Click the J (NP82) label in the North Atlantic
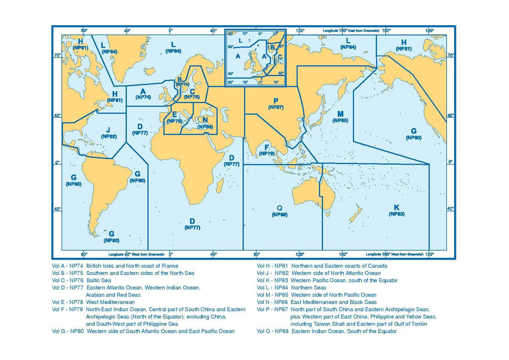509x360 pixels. (x=108, y=132)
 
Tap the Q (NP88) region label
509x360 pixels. (x=279, y=211)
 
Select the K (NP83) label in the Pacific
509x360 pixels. (x=396, y=210)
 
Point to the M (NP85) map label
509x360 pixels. (x=340, y=117)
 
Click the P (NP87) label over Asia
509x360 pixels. (x=275, y=103)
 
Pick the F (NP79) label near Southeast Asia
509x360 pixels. (x=267, y=150)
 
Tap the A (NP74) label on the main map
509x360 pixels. (x=143, y=94)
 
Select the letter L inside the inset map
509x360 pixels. (x=240, y=40)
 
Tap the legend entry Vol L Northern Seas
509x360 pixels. (x=291, y=287)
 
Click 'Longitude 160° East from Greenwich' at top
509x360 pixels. (x=351, y=30)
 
